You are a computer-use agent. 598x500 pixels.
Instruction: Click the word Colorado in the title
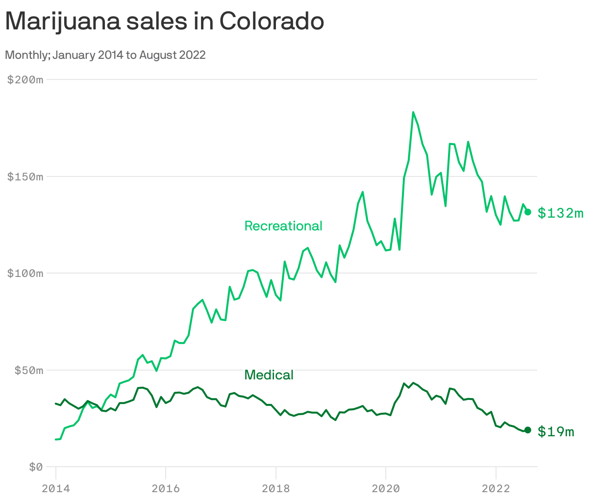(x=272, y=22)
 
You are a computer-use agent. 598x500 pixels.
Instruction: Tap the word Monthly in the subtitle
(x=26, y=55)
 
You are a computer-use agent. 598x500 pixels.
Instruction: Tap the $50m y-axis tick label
(x=28, y=370)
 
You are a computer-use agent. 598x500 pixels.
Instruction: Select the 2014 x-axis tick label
(x=56, y=488)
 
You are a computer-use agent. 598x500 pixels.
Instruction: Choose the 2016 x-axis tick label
(x=166, y=488)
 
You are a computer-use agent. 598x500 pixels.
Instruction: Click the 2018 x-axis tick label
(x=276, y=488)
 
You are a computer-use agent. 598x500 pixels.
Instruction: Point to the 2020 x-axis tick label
(x=386, y=488)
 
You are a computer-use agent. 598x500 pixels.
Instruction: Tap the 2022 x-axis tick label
(x=496, y=488)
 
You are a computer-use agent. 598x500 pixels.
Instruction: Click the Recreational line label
(x=283, y=226)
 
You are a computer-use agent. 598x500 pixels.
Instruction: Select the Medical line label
(x=269, y=375)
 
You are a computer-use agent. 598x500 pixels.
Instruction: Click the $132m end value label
(x=560, y=213)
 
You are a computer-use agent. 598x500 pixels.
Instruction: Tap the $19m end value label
(x=555, y=431)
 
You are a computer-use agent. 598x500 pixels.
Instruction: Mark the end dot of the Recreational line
(x=528, y=212)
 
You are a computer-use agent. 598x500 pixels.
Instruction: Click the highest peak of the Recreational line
(x=413, y=112)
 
